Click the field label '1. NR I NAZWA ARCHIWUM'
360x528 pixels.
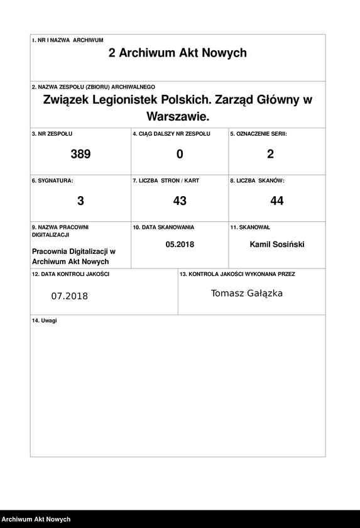67,40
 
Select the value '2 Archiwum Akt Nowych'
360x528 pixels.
178,53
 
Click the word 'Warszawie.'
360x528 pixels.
177,117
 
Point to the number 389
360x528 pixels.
80,154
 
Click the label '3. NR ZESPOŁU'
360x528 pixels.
52,134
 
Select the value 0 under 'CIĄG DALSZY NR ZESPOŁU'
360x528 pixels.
180,154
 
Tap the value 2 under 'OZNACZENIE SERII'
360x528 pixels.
271,154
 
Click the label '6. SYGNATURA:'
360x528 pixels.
52,180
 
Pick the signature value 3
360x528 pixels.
80,201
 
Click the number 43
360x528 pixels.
180,201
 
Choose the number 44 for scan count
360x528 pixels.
277,201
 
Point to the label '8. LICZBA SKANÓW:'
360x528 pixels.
257,180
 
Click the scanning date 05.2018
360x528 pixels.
180,245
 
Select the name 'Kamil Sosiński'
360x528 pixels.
277,245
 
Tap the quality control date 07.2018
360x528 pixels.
70,296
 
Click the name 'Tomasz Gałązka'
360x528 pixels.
247,294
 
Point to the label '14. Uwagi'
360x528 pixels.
44,321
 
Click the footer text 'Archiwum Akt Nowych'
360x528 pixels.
36,520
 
